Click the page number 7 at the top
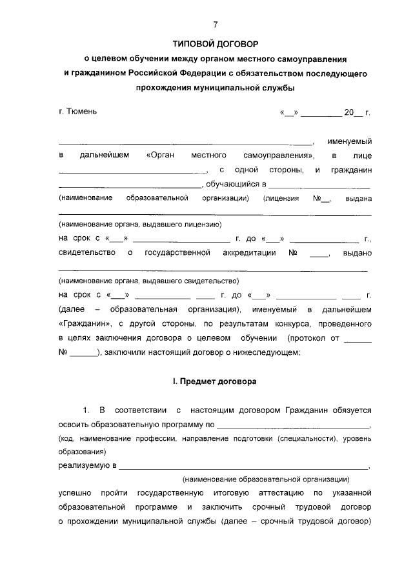[216, 25]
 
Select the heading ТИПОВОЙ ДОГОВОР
[215, 45]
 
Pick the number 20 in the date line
[349, 112]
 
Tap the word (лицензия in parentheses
[281, 198]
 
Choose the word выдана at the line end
[358, 198]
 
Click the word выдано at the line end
[358, 254]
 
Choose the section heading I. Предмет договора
[214, 381]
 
